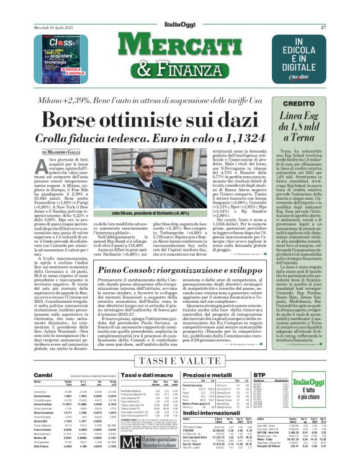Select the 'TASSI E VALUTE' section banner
tap(180, 360)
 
